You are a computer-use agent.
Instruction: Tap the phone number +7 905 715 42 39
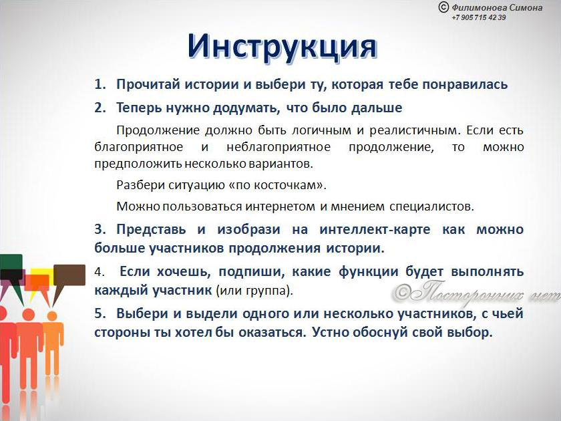click(479, 17)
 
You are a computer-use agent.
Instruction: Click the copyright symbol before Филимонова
click(443, 7)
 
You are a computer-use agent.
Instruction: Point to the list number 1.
click(100, 84)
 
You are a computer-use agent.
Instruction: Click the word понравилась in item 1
click(465, 85)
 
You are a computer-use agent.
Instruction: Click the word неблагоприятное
click(278, 147)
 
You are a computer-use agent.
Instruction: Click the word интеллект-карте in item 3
click(375, 229)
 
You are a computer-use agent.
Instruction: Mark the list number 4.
click(100, 272)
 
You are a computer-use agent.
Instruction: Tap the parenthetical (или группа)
click(254, 291)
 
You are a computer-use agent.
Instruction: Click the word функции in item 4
click(369, 272)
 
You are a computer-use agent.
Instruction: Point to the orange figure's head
click(52, 316)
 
